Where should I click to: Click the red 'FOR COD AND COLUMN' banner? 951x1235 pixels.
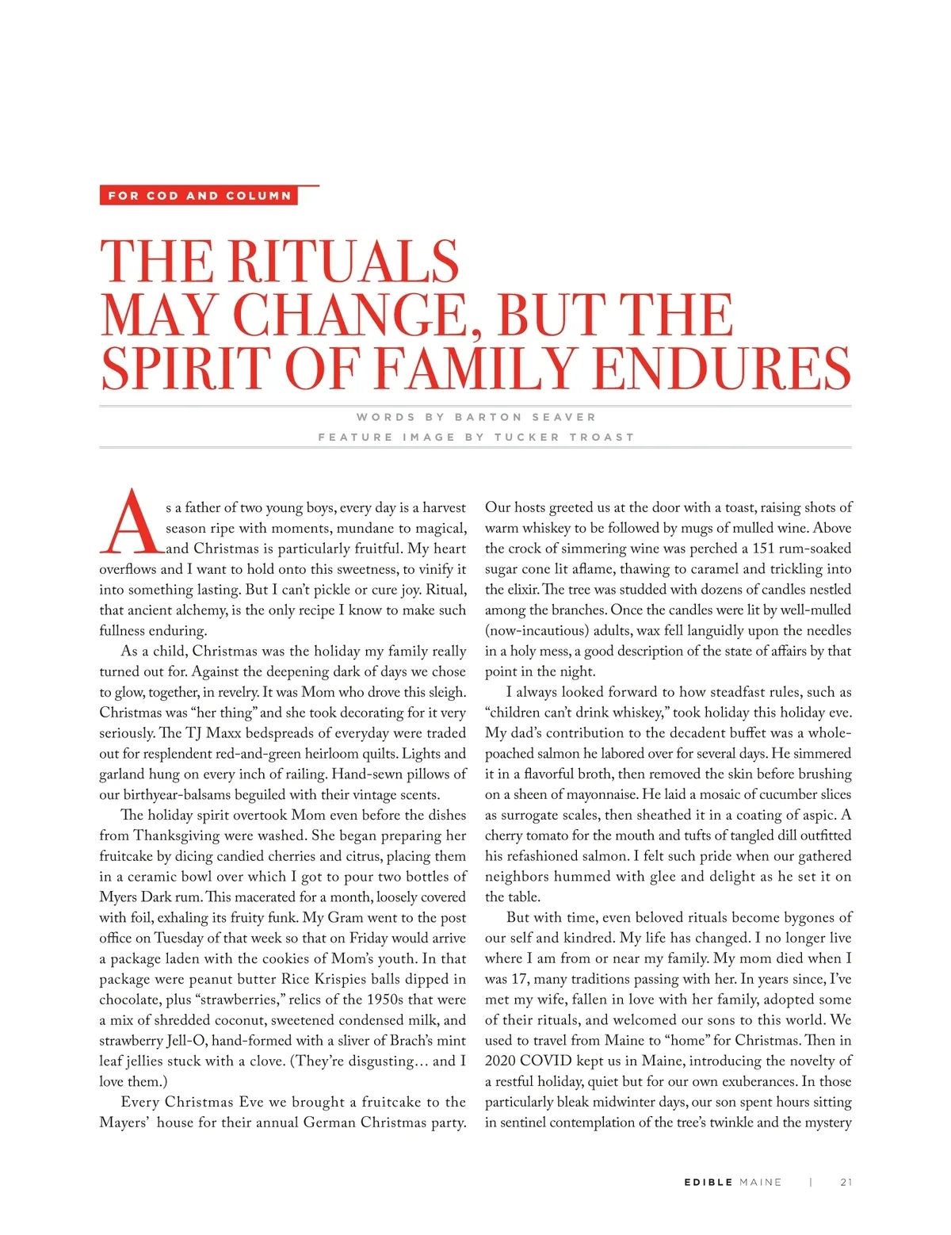point(199,196)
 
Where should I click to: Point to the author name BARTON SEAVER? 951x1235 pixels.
point(525,417)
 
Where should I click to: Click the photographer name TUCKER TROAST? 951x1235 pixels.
point(564,437)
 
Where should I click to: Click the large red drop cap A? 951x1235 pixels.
point(131,522)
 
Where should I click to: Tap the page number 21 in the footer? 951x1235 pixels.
point(846,1182)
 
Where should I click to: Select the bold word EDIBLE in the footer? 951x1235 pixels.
point(708,1182)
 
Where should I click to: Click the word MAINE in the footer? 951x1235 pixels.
point(760,1182)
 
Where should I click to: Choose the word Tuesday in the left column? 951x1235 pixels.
point(179,938)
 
